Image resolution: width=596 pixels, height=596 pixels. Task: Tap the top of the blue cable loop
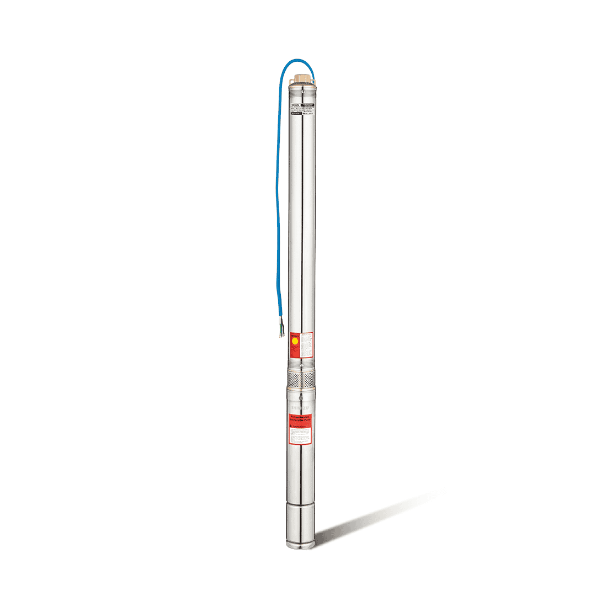[299, 60]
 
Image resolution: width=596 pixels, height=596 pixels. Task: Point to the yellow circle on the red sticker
[294, 342]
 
